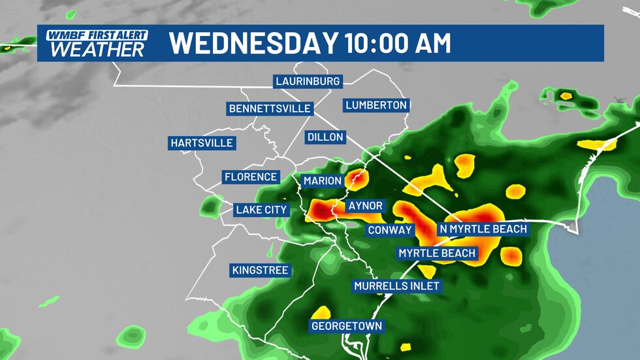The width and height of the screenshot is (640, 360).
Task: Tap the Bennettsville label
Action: [x=270, y=108]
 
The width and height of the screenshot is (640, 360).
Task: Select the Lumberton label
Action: [x=376, y=105]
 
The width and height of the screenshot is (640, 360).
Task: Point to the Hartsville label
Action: [x=201, y=143]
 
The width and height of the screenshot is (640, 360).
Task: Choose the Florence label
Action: [x=251, y=177]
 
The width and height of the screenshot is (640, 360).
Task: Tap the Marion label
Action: [x=322, y=181]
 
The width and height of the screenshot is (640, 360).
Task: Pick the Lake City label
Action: [x=261, y=210]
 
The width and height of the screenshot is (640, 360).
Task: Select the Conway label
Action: [x=389, y=230]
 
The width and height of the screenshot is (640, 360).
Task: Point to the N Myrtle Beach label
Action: [x=482, y=229]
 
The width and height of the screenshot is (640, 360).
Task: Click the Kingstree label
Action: [x=260, y=270]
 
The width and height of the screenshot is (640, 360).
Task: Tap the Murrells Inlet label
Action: [x=396, y=286]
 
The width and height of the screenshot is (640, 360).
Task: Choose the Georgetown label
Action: [x=346, y=326]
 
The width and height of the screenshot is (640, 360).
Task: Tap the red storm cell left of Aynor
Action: [x=321, y=211]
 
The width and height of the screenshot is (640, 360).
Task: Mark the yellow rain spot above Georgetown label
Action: [x=321, y=312]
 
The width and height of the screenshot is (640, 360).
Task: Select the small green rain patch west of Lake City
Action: [x=211, y=207]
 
